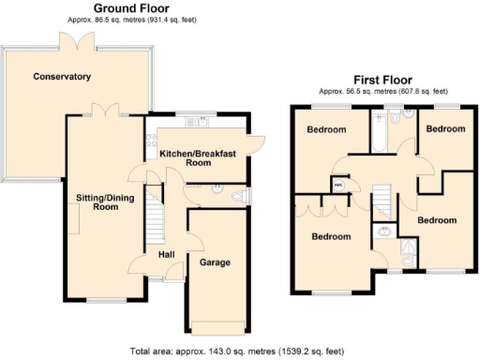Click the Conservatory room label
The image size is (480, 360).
pos(61,76)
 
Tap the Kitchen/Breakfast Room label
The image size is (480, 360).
pos(196,157)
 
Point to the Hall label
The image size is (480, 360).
pos(166,254)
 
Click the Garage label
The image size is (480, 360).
pos(215,262)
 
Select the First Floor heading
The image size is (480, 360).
pos(382,80)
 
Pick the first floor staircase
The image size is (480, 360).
pos(382,201)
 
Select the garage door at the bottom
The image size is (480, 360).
pos(218,326)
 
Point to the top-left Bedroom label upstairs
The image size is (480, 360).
pos(327,130)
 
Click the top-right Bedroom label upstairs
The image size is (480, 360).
pos(443,128)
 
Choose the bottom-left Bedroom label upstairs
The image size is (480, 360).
pos(332,236)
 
